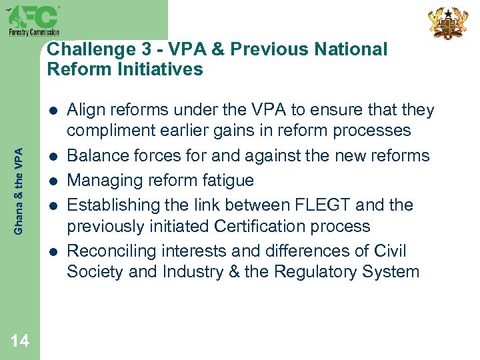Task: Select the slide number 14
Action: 20,341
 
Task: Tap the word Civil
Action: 390,251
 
